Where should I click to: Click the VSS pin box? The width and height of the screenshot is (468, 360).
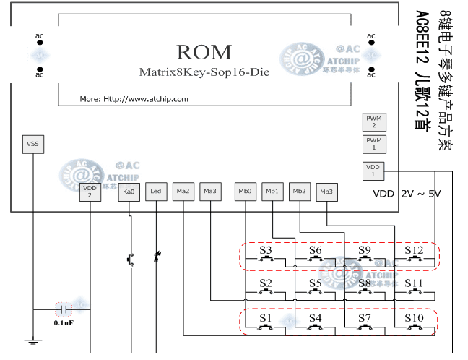coord(32,144)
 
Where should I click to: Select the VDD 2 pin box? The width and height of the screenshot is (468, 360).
coord(90,191)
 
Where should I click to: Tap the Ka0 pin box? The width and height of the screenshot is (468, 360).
coord(129,192)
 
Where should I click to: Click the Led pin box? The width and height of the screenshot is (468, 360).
coord(156,192)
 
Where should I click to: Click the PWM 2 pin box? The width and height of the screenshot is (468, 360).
coord(373,121)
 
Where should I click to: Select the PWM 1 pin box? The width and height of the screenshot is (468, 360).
coord(373,143)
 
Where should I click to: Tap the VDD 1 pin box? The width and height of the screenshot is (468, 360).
coord(373,171)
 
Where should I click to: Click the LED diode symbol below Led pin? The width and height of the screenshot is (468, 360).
coord(156,257)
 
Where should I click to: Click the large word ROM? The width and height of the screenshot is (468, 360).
coord(204,52)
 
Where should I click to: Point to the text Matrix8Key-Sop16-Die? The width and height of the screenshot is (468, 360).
coord(204,72)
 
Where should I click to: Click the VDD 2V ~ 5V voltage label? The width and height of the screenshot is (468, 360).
coord(407,194)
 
